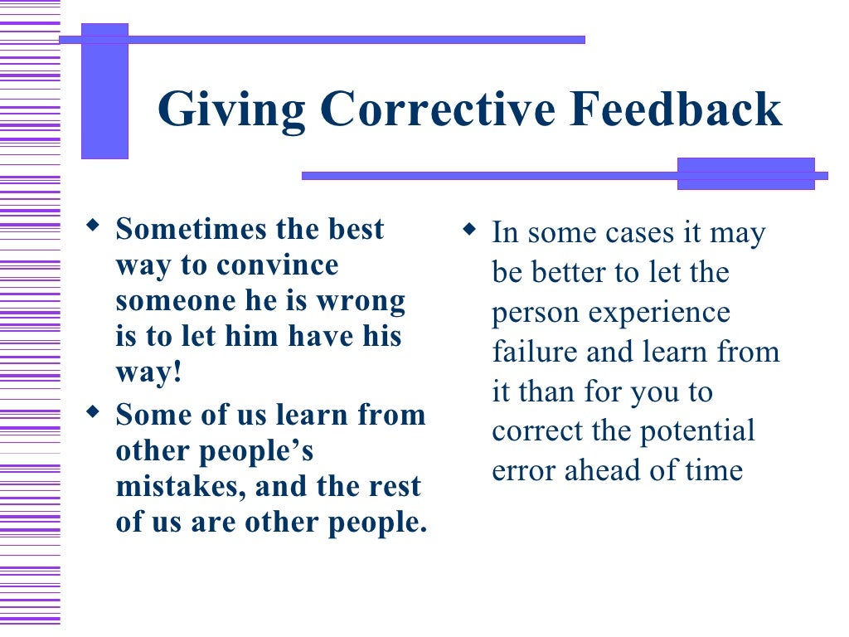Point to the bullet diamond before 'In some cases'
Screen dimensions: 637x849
pos(469,227)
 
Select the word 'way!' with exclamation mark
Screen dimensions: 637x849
pos(148,373)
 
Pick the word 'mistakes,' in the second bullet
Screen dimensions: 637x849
pos(181,486)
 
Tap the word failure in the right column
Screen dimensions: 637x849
pos(536,351)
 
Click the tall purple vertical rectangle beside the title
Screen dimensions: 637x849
pos(104,91)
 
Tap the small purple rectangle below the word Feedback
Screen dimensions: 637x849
pos(745,174)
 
